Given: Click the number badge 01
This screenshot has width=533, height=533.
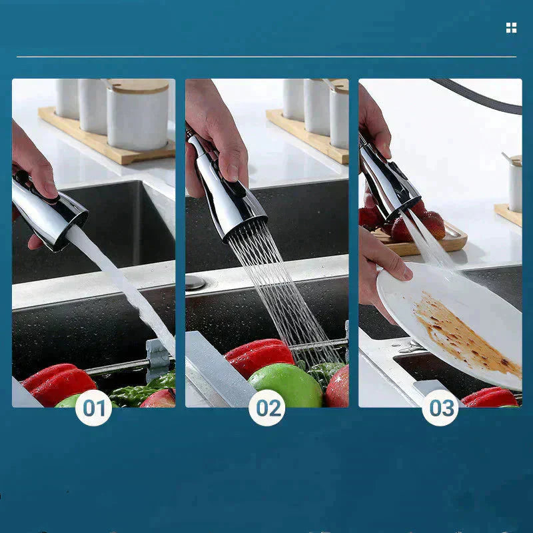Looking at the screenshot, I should click(93, 408).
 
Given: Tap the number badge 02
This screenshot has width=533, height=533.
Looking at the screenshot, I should click(266, 408).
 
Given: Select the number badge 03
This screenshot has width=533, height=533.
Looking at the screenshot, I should click(440, 408).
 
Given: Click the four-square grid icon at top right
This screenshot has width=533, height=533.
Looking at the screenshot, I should click(511, 27).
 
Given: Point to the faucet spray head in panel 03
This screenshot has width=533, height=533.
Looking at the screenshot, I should click(390, 180).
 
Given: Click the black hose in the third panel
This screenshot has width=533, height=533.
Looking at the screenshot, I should click(480, 97).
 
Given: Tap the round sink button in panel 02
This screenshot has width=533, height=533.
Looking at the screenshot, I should click(195, 282).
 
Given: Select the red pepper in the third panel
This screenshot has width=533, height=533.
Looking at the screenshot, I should click(490, 398).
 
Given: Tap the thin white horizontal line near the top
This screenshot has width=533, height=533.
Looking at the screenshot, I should click(266, 57).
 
